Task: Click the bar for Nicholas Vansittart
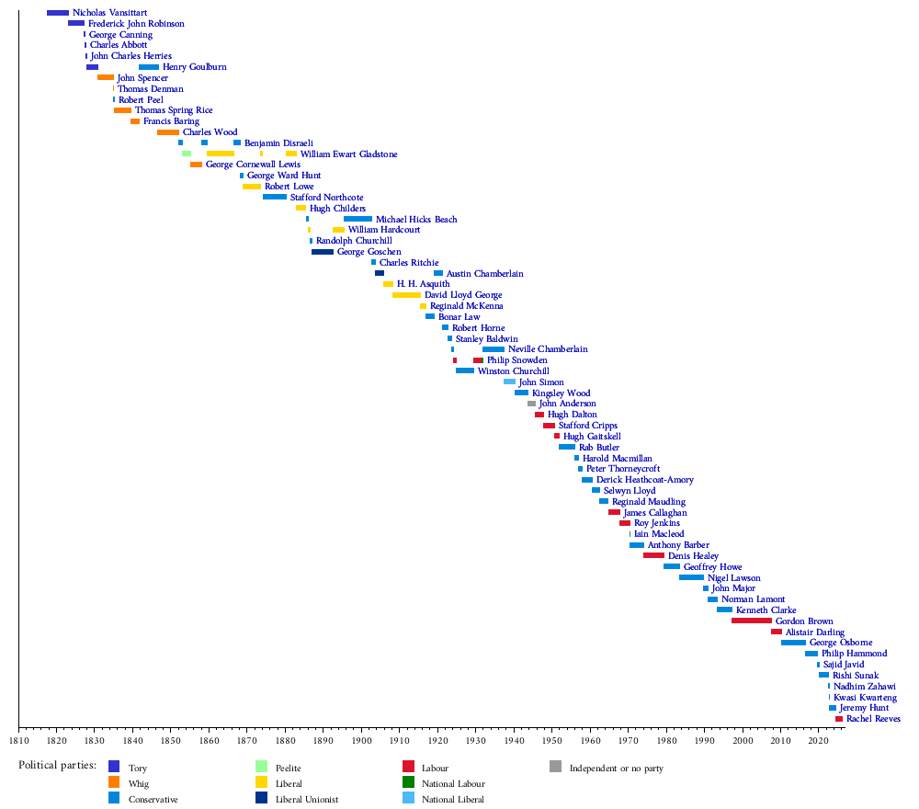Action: click(x=58, y=13)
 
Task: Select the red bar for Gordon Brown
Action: click(x=752, y=621)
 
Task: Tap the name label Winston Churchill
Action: click(x=514, y=371)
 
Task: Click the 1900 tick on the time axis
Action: click(x=361, y=729)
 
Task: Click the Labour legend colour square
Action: click(x=408, y=767)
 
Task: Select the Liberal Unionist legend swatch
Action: click(x=261, y=799)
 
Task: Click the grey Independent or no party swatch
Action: click(x=555, y=767)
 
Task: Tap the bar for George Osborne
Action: click(x=793, y=643)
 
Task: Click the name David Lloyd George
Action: click(x=463, y=295)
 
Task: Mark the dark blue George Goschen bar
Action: click(x=323, y=252)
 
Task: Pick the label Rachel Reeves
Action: click(x=873, y=719)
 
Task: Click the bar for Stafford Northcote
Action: click(x=275, y=197)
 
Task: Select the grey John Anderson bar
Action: click(x=531, y=404)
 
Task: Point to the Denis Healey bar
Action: click(x=653, y=555)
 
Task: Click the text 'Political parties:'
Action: click(x=57, y=765)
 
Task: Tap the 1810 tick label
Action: click(x=18, y=740)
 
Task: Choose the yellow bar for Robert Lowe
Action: click(x=252, y=187)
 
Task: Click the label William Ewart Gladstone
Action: click(x=348, y=154)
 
